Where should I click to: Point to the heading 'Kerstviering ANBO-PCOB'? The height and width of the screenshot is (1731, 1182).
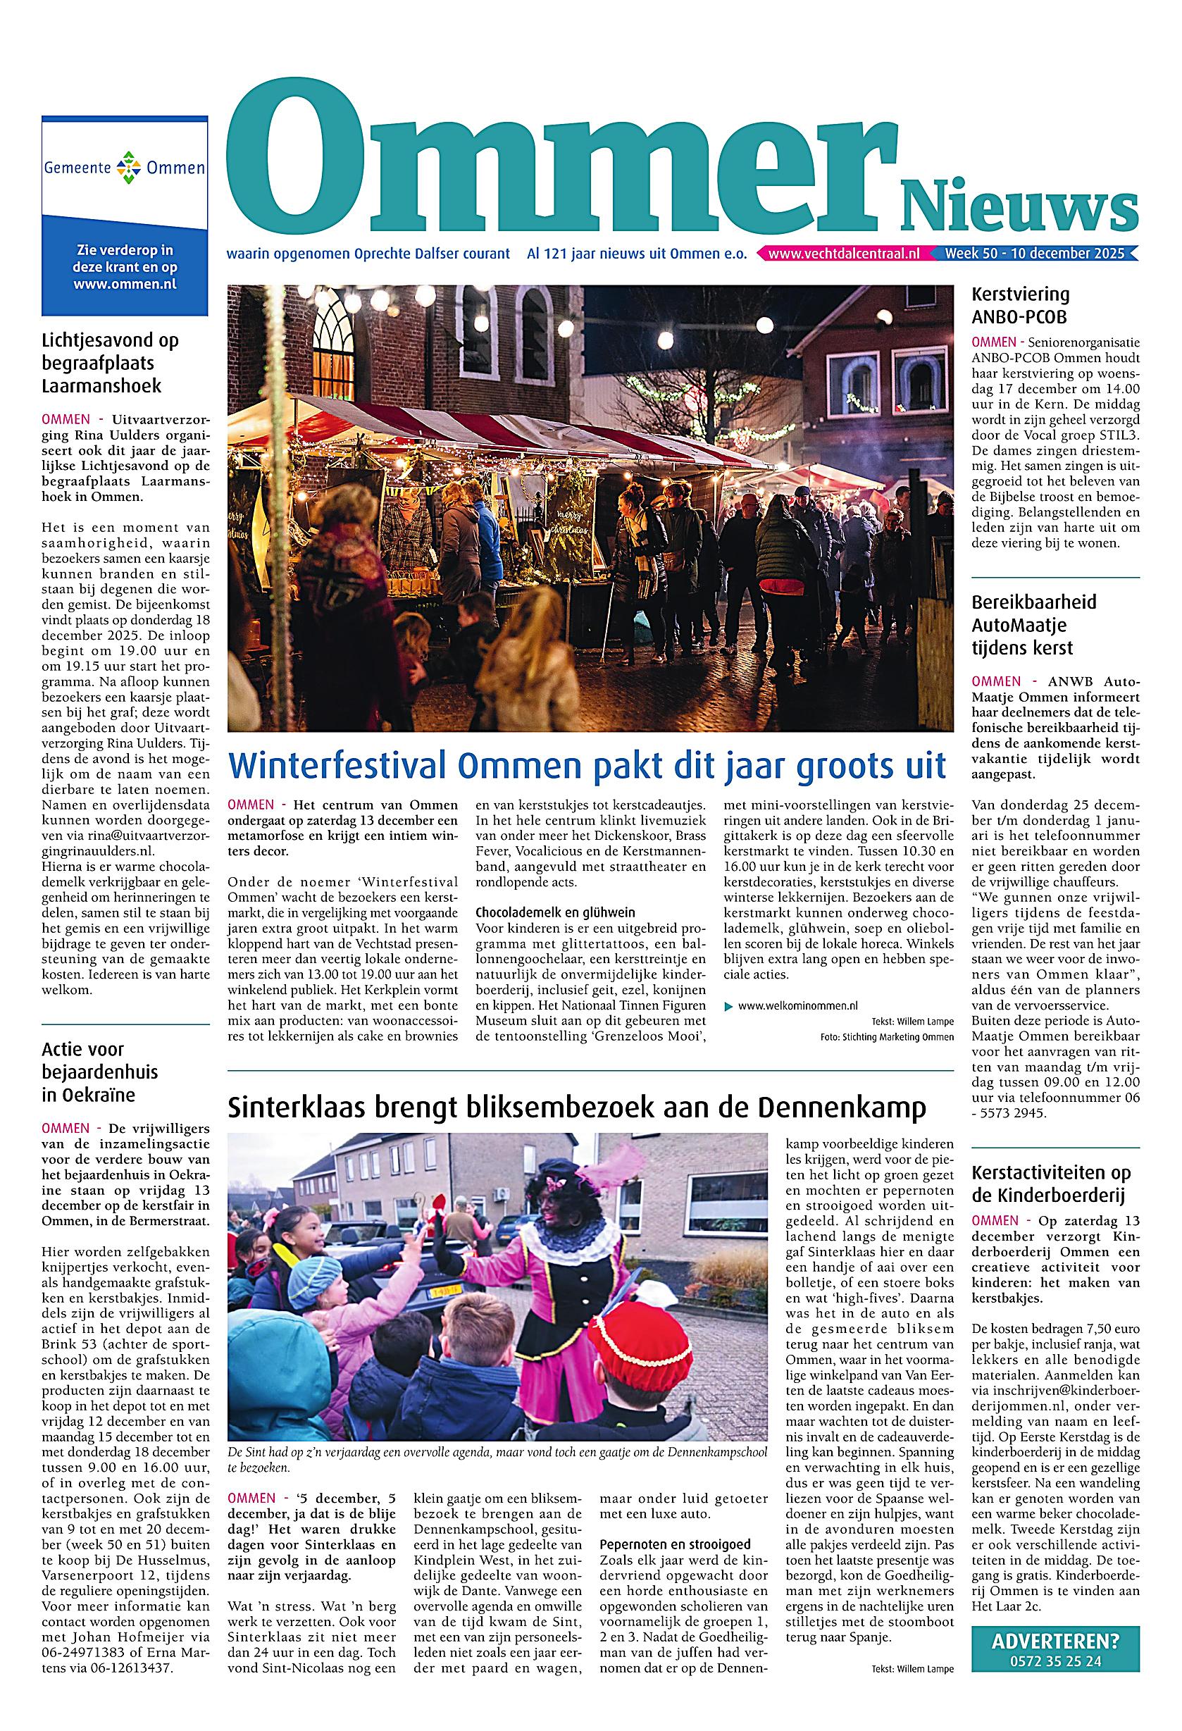pyautogui.click(x=1019, y=305)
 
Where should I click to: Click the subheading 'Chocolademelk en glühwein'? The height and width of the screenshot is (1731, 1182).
pyautogui.click(x=554, y=912)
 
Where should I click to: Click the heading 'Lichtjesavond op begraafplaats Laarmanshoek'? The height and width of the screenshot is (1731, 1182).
pyautogui.click(x=110, y=364)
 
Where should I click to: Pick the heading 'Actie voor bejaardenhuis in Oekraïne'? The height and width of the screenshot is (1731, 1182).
pyautogui.click(x=100, y=1072)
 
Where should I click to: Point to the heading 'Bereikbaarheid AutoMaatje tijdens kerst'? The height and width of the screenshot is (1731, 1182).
pyautogui.click(x=1034, y=624)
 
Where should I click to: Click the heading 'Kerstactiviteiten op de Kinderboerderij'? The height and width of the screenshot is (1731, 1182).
pyautogui.click(x=1050, y=1184)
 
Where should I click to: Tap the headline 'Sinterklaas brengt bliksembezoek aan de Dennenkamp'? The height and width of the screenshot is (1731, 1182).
pyautogui.click(x=576, y=1108)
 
